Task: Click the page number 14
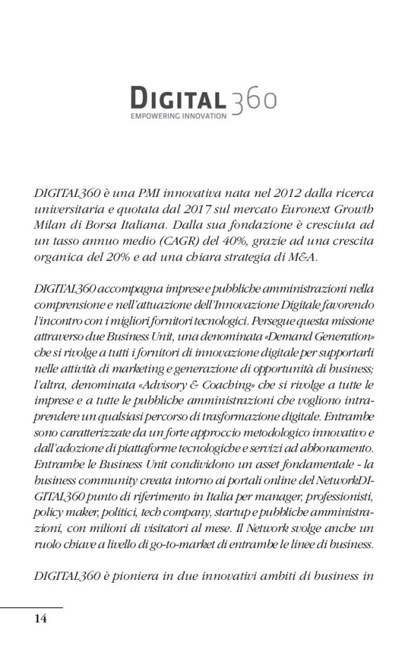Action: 41,619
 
